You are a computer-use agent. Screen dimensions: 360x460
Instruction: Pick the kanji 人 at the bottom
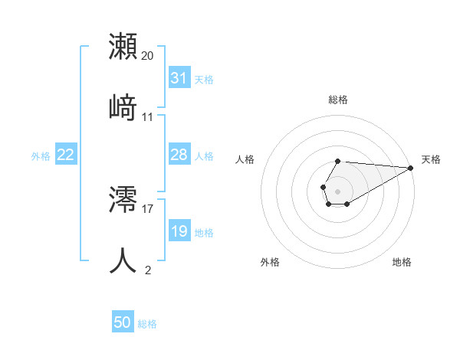click(123, 260)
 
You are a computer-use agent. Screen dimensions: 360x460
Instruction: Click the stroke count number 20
click(148, 56)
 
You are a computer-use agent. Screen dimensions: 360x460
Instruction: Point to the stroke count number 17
click(148, 208)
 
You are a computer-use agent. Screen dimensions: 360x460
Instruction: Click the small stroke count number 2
click(148, 270)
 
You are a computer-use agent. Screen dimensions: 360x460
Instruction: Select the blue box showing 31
click(179, 78)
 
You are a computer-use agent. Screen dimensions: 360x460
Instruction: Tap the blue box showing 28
click(179, 155)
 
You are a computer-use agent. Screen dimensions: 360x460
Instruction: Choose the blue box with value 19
click(179, 231)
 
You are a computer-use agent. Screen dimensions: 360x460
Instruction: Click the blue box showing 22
click(66, 155)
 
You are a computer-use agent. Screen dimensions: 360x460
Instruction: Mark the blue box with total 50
click(123, 322)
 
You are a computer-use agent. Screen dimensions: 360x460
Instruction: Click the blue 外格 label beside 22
click(41, 156)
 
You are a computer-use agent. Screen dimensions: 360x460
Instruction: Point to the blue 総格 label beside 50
click(147, 324)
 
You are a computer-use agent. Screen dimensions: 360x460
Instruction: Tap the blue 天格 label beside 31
click(204, 79)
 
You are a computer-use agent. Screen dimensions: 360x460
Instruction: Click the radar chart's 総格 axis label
click(338, 100)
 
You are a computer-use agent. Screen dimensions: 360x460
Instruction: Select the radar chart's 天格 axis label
click(431, 159)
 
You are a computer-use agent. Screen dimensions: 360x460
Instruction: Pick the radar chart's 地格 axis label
click(402, 262)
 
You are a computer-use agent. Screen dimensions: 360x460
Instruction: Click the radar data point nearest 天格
click(410, 167)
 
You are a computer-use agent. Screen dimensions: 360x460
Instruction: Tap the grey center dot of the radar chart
click(337, 190)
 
